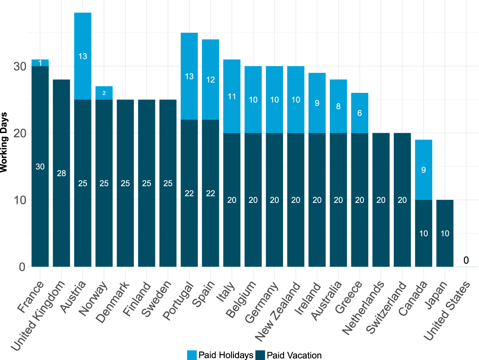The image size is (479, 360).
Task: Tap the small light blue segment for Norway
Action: [104, 93]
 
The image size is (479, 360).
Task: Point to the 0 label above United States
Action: [466, 260]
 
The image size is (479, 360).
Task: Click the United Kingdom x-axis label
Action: [39, 315]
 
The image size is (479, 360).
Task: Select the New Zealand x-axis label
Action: [278, 312]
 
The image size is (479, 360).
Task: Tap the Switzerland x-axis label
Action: [387, 308]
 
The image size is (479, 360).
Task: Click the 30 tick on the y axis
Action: [20, 67]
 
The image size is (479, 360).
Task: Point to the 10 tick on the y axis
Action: [20, 200]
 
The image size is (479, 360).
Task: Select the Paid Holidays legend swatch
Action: [192, 355]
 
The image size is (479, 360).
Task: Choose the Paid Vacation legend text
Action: [294, 355]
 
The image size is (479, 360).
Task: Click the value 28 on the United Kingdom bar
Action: [61, 173]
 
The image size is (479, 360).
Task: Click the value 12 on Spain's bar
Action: [210, 80]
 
